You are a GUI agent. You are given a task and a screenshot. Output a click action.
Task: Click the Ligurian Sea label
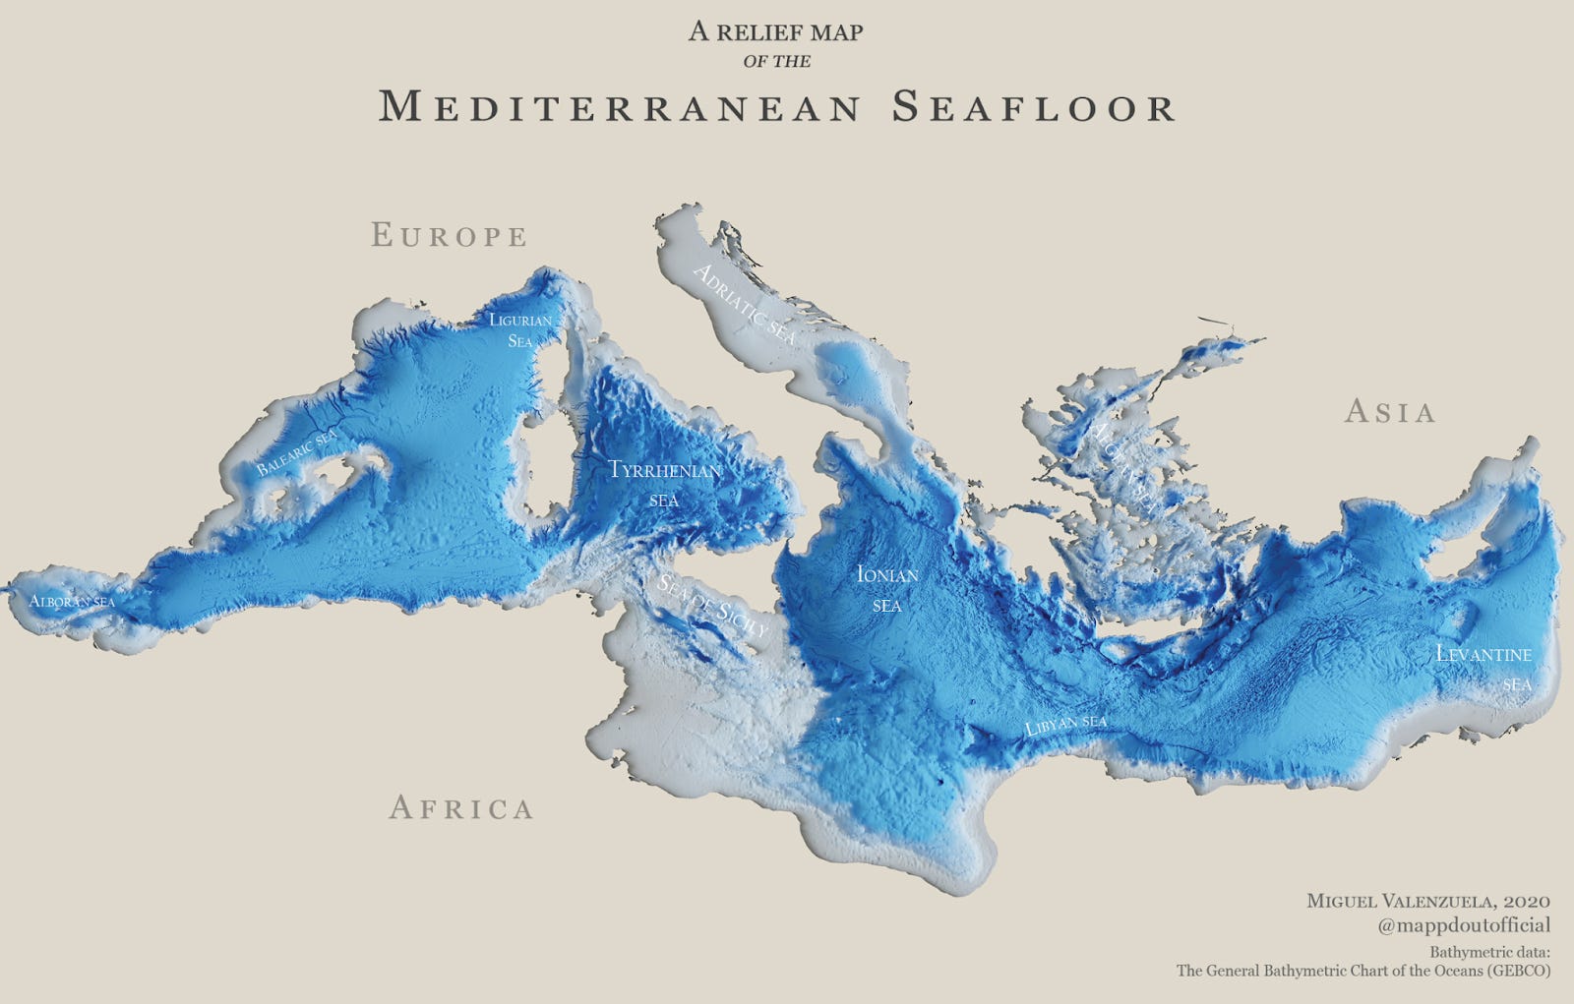(x=520, y=330)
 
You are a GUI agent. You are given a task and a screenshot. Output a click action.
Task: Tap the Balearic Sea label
(x=296, y=453)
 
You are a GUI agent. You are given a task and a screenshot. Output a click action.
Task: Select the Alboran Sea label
(x=72, y=601)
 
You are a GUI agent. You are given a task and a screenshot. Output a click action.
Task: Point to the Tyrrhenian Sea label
(x=665, y=483)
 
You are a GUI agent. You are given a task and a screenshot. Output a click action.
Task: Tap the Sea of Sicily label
(x=711, y=605)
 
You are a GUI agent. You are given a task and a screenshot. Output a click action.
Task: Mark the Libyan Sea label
(x=1066, y=726)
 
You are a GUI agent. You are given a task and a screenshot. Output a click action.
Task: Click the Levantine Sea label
(x=1484, y=667)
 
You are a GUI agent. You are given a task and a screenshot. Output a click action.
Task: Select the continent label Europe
(x=450, y=236)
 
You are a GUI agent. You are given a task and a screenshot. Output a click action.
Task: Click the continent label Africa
(x=461, y=808)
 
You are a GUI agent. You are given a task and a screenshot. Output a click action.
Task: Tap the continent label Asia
(x=1390, y=411)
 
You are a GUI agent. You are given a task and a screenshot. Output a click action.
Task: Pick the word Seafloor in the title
(x=1034, y=107)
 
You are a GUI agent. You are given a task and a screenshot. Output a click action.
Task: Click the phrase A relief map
(x=775, y=31)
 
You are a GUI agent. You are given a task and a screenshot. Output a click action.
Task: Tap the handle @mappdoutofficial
(x=1464, y=925)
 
